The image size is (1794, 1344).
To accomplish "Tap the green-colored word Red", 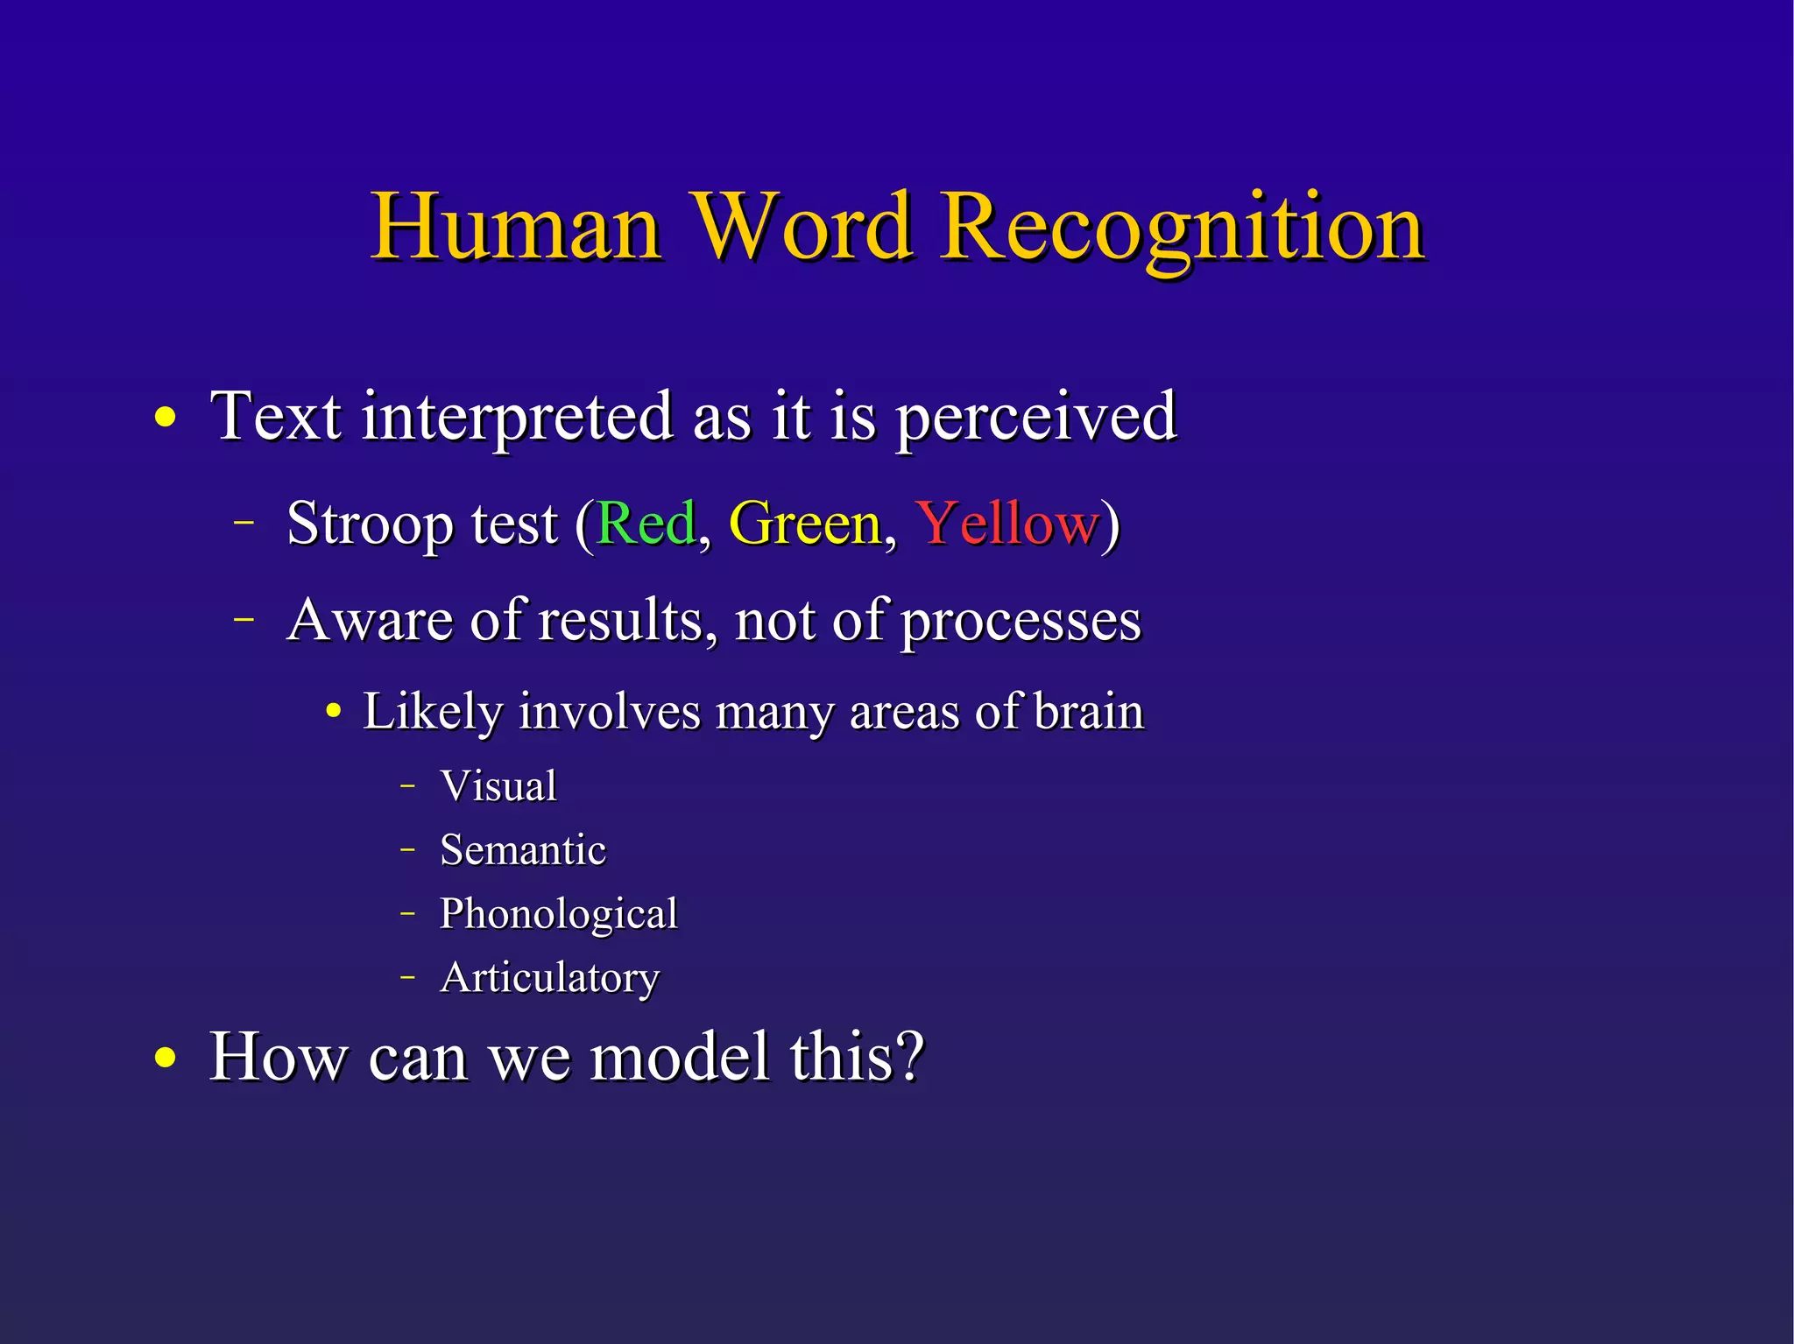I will click(x=646, y=524).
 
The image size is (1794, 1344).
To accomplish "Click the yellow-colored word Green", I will click(x=805, y=524).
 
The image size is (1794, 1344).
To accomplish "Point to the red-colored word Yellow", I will click(x=1006, y=524).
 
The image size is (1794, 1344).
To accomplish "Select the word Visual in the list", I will click(x=498, y=785).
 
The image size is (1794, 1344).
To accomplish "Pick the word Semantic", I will click(x=523, y=849).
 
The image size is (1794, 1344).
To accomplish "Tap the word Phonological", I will click(x=559, y=914).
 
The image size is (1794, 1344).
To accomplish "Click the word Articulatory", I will click(x=549, y=978).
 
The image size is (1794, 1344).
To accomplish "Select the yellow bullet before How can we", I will click(x=165, y=1059).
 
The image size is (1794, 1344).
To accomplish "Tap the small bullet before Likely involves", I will click(x=333, y=712).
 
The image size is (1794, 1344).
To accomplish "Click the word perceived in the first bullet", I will click(x=1036, y=418).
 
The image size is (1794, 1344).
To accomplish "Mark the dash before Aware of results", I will click(x=244, y=618).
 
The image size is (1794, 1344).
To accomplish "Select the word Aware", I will click(x=370, y=620).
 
